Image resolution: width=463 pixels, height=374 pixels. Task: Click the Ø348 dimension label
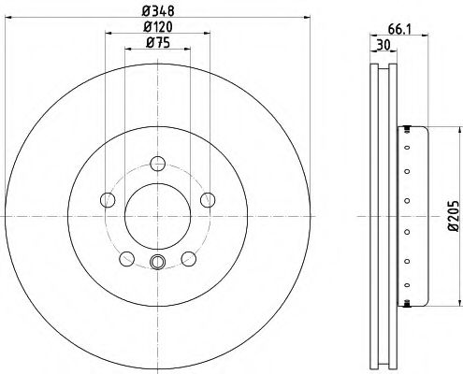coord(158,11)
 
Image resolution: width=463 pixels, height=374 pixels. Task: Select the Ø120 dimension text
coord(158,27)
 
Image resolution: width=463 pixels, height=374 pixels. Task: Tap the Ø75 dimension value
coord(158,43)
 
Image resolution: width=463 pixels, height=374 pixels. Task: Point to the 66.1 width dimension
coord(400,30)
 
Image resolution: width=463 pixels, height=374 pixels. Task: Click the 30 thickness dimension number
coord(383,46)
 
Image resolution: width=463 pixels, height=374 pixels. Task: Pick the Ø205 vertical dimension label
coord(454,216)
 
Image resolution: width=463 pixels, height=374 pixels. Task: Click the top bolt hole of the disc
coord(157,164)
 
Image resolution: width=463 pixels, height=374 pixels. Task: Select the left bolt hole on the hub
coord(108,200)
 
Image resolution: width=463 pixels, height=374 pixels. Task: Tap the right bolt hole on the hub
coord(208,200)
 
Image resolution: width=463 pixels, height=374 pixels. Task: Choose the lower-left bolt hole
coord(127,259)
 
